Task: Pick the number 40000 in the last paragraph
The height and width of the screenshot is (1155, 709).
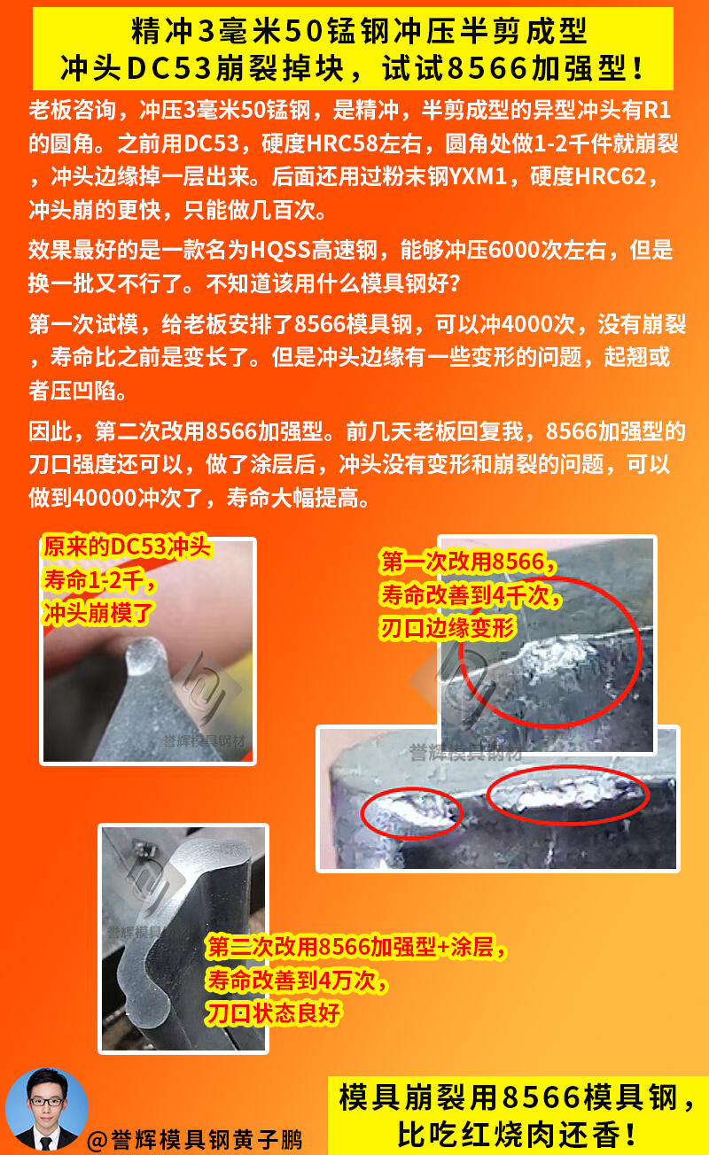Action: (105, 498)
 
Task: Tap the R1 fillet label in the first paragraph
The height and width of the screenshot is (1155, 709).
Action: (658, 110)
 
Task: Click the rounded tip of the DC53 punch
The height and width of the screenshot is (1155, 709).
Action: (145, 655)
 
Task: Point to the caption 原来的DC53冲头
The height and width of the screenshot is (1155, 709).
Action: (127, 547)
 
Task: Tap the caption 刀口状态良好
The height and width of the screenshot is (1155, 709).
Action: (274, 1013)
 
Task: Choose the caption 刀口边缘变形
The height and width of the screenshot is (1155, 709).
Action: (448, 629)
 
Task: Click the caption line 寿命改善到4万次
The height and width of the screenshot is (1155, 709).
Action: (296, 981)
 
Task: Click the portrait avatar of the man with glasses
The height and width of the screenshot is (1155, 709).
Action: (47, 1109)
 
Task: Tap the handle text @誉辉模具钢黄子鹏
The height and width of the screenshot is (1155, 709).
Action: (195, 1140)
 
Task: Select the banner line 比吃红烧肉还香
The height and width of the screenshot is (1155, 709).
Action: (516, 1135)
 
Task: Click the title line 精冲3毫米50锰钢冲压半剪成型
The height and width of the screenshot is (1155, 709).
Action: (359, 32)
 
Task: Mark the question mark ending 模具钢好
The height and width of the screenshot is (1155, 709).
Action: (454, 283)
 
